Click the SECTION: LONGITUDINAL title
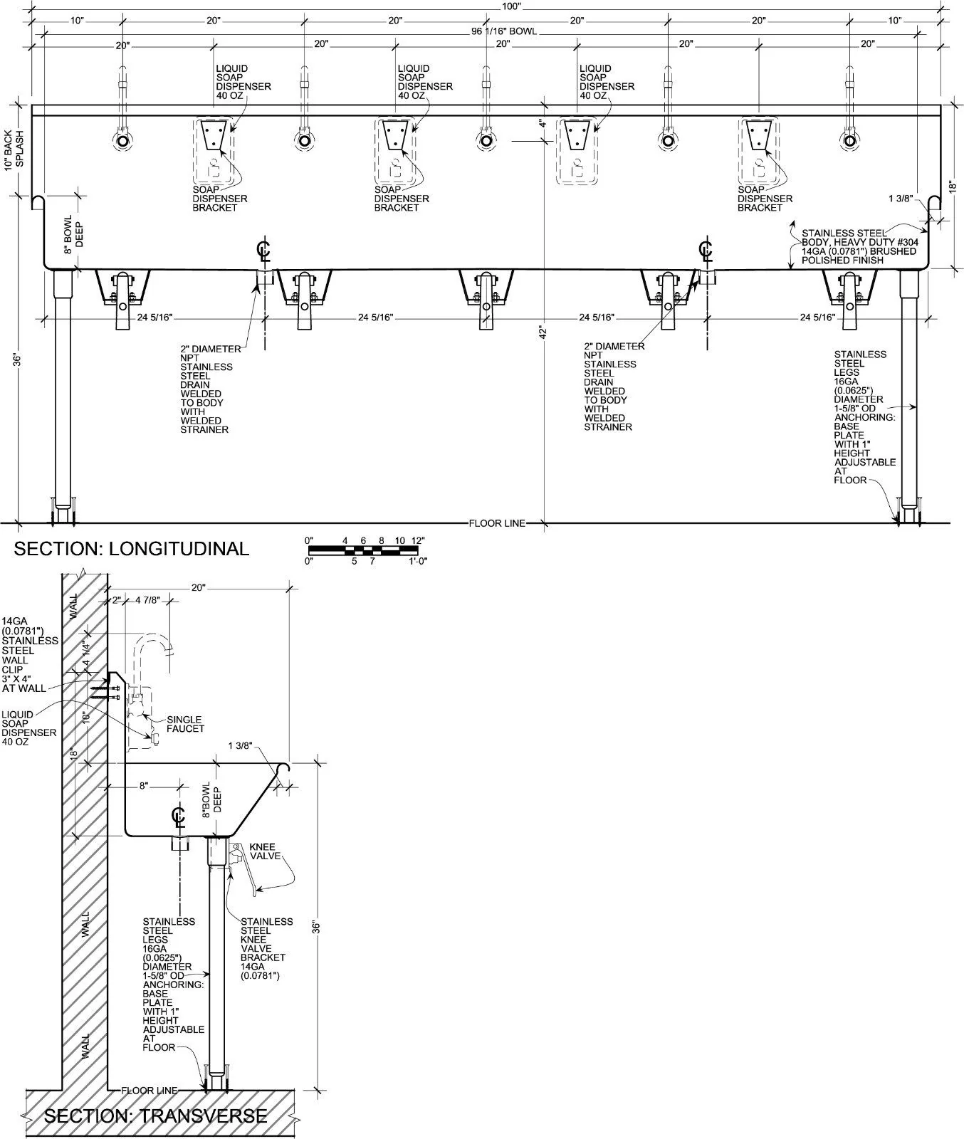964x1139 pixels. click(132, 548)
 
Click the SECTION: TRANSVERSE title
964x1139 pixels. click(156, 1116)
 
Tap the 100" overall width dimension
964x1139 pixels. click(511, 6)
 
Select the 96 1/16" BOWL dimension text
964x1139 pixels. click(504, 32)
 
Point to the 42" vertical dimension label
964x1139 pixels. click(542, 332)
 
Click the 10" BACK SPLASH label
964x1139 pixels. click(14, 149)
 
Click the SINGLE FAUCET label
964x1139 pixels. click(185, 724)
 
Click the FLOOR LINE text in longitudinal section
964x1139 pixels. click(497, 523)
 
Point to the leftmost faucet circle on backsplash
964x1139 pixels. click(122, 140)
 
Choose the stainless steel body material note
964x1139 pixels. click(859, 246)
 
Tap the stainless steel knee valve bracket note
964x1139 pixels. click(267, 948)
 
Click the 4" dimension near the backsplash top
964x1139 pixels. click(542, 125)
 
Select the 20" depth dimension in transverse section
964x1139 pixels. click(199, 587)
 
